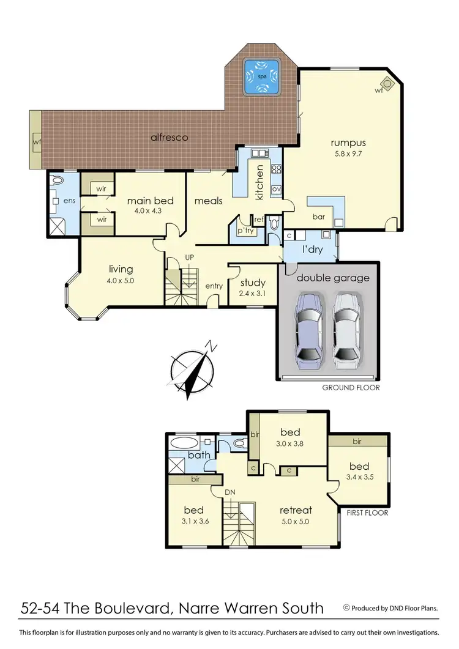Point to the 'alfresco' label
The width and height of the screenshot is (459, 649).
coord(170,138)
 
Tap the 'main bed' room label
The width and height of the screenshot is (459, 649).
coord(151,200)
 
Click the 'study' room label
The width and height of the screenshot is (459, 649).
coord(253,283)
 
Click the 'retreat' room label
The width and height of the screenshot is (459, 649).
coord(296,510)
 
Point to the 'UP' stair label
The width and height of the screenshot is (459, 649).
coord(190,259)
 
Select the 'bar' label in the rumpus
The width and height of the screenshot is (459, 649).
coord(318,216)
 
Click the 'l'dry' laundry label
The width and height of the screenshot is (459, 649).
coord(313,251)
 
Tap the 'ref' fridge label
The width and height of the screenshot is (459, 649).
coord(258,218)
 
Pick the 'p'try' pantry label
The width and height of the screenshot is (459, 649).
coord(245,231)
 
